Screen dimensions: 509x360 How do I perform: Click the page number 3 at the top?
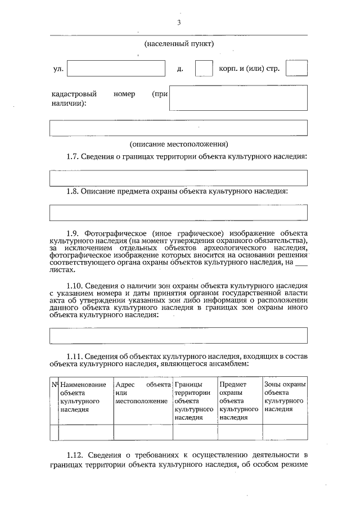(x=178, y=22)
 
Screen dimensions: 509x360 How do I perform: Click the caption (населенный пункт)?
(x=178, y=43)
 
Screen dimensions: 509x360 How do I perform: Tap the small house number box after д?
(x=203, y=68)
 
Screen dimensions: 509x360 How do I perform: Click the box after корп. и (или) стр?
(x=296, y=68)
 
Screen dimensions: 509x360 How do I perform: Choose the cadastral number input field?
(x=238, y=98)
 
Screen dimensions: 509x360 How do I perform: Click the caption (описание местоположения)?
(x=178, y=143)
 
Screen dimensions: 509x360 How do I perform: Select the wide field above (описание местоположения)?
(x=178, y=128)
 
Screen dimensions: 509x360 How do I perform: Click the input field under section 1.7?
(x=178, y=178)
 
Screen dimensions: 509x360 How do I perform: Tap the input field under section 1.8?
(x=178, y=213)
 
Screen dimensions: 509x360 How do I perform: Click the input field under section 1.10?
(x=178, y=335)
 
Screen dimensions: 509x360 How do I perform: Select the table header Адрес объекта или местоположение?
(x=142, y=393)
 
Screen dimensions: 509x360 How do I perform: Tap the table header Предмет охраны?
(x=238, y=401)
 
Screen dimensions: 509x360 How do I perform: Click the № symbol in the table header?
(x=55, y=385)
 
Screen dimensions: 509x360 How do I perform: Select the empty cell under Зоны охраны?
(x=285, y=432)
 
